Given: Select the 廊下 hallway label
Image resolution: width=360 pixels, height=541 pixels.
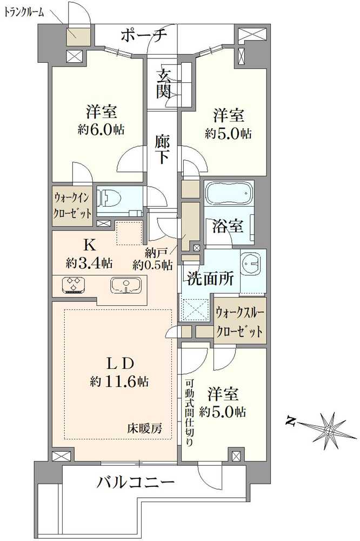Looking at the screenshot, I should click(x=164, y=150).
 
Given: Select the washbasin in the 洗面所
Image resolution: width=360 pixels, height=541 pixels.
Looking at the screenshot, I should click(x=251, y=265).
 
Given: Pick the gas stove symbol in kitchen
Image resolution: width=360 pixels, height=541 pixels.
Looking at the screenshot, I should click(x=73, y=285).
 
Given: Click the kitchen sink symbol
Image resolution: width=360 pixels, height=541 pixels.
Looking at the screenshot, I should click(x=126, y=285).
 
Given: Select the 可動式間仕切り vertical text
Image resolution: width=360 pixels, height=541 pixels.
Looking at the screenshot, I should click(x=189, y=411).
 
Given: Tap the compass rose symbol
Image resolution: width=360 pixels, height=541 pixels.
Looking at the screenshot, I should click(x=329, y=431).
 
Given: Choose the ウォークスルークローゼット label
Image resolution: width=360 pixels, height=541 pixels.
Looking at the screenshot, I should click(x=240, y=321).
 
